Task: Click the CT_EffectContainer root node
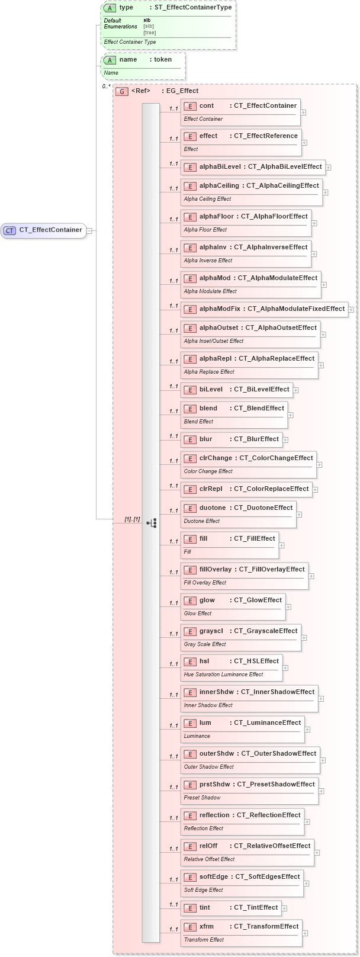coord(44,230)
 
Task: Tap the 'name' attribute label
coord(128,60)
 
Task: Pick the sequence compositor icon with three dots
coord(152,523)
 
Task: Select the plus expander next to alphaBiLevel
coord(328,168)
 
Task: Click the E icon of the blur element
coord(190,439)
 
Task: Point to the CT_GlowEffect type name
coord(258,600)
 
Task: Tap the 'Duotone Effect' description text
coord(202,521)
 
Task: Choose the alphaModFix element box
coord(264,309)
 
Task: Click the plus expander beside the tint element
coord(284,908)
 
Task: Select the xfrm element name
coord(207,927)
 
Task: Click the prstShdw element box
coord(249,791)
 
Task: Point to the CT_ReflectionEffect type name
coord(269,815)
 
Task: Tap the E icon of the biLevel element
coord(190,390)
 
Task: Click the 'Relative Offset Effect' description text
coord(209,859)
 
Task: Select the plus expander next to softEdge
coord(307,884)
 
